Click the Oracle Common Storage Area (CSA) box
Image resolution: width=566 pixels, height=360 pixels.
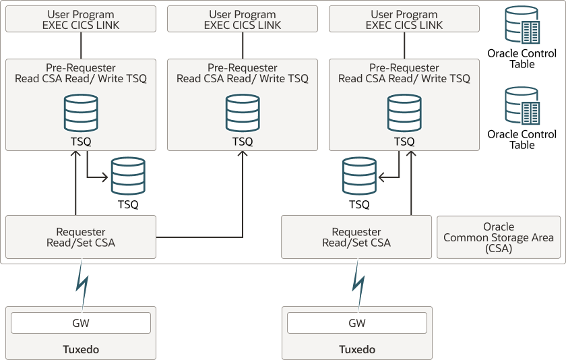[499, 237]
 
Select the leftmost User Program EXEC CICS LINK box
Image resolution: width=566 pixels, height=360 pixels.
[81, 19]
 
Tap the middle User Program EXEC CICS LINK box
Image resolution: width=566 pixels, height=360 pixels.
[243, 19]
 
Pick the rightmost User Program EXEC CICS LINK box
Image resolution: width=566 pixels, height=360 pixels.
[404, 19]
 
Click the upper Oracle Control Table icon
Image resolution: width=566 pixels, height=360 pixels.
[522, 26]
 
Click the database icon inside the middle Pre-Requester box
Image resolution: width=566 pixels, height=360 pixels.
[243, 113]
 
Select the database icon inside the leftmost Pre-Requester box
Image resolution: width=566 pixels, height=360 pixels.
[81, 113]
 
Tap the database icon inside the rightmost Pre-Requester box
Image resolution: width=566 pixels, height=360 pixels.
[404, 113]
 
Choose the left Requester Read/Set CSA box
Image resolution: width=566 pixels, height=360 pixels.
[81, 237]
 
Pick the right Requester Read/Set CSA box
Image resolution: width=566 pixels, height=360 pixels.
[356, 237]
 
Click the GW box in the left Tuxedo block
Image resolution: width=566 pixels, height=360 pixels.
[81, 323]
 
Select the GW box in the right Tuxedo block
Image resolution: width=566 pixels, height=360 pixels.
[357, 323]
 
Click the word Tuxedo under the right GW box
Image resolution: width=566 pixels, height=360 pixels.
[357, 350]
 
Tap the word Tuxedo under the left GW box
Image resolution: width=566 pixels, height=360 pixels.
[81, 350]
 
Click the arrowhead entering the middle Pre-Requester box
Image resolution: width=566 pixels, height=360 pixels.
[243, 155]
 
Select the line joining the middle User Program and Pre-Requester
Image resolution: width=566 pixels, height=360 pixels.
[243, 45]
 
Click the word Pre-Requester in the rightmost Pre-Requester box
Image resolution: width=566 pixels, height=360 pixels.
[404, 68]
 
